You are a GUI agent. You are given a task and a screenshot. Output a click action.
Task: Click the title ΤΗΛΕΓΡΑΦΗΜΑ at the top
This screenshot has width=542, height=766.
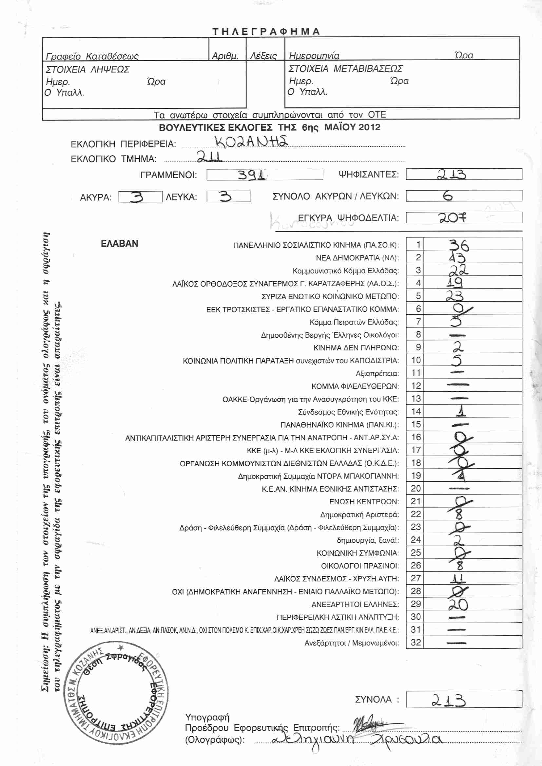click(266, 31)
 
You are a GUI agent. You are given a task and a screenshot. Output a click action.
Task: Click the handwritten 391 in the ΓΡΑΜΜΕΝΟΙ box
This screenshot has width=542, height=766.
click(252, 175)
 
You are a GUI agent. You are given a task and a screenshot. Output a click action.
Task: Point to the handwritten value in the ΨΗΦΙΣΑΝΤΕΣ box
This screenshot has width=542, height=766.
click(452, 174)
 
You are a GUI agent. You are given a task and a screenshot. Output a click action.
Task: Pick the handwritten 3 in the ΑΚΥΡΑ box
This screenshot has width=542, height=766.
click(137, 197)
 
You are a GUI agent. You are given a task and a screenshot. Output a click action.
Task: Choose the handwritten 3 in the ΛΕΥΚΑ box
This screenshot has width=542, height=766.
click(225, 196)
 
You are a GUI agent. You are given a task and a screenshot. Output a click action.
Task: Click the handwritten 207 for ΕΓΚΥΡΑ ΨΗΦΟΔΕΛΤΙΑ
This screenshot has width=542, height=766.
click(452, 218)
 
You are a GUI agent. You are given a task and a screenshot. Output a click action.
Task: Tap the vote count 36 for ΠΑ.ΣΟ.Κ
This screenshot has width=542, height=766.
click(459, 245)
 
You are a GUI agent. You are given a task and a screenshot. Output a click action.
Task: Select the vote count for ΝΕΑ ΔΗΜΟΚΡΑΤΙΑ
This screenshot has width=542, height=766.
click(456, 257)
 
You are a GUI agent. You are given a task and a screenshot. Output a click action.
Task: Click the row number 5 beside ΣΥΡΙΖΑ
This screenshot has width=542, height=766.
click(418, 296)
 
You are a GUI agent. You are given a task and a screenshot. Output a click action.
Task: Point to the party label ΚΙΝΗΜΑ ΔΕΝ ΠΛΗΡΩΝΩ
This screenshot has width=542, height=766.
click(356, 348)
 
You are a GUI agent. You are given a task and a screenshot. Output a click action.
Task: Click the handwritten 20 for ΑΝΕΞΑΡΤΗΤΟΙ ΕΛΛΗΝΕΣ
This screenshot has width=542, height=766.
click(458, 605)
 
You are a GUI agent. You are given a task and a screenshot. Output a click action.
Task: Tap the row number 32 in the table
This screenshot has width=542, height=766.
click(416, 643)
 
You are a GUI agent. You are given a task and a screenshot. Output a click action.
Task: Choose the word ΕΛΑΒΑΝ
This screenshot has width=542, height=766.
click(120, 244)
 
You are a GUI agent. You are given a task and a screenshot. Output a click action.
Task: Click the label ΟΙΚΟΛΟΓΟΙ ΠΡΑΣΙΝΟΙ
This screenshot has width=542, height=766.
click(360, 566)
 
